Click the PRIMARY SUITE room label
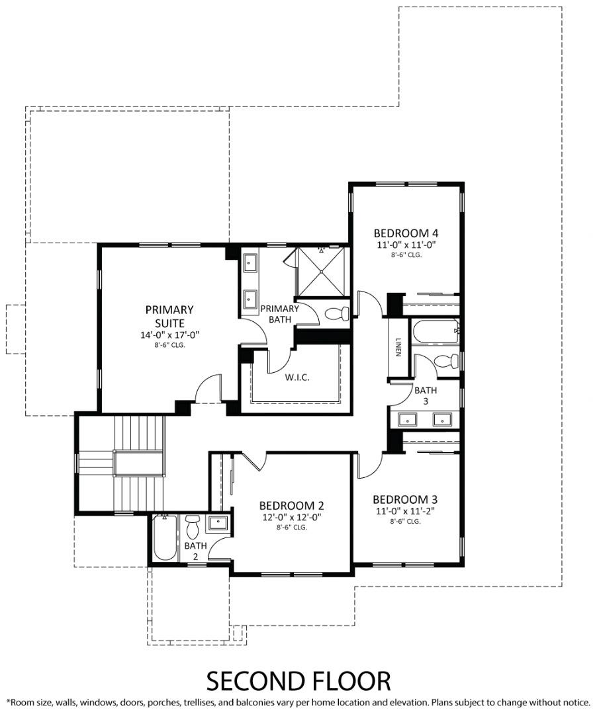coord(169,315)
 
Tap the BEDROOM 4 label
coord(406,233)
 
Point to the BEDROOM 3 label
coord(405,499)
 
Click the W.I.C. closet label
coord(297,377)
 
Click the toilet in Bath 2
coord(193,528)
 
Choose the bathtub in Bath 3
coord(434,331)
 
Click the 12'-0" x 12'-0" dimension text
coord(291,517)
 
